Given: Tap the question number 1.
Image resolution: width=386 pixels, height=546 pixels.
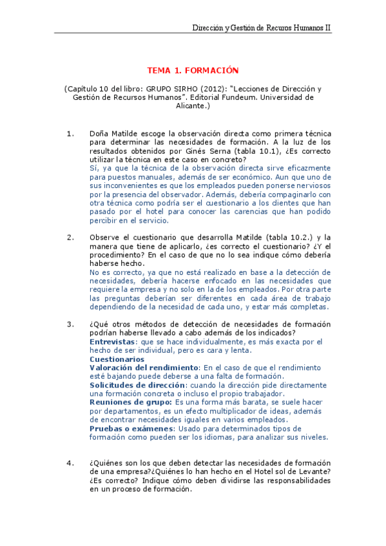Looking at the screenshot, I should point(71,133).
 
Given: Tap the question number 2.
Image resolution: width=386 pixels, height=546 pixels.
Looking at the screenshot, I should point(71,237).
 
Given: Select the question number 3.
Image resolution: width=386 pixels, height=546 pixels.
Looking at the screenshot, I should point(71,323).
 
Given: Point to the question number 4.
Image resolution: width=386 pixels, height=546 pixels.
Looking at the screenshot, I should point(71,463).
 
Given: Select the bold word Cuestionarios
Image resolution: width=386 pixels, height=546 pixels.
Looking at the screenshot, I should point(117,359).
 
